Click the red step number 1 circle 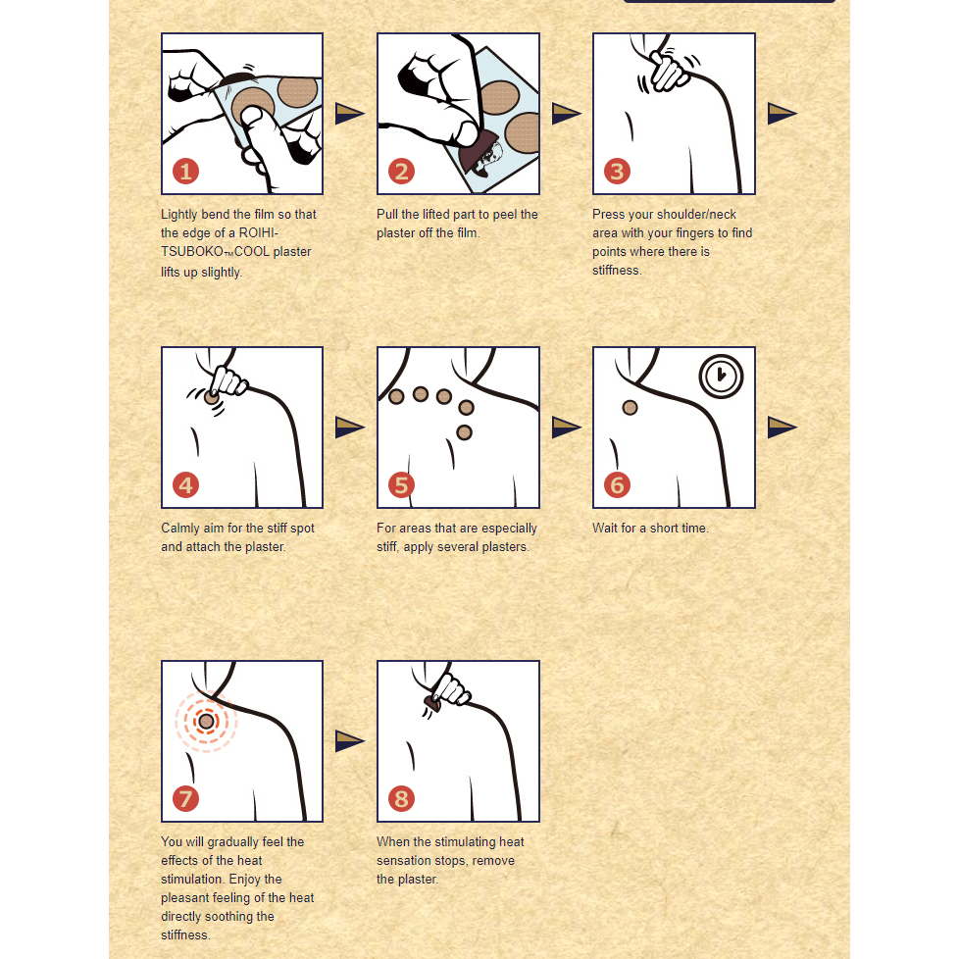coord(186,172)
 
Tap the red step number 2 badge coord(401,172)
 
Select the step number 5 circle coord(401,485)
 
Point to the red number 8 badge coord(401,799)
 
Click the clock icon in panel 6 coord(721,377)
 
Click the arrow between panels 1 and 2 coord(350,113)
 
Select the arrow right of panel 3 coord(782,113)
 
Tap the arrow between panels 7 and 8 coord(350,740)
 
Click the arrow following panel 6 coord(782,427)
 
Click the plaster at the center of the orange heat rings coord(207,722)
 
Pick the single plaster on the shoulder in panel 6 coord(630,408)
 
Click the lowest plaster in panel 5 coord(464,433)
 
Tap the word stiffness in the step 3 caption coord(617,271)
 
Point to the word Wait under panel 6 coord(604,529)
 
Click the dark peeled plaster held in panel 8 coord(432,704)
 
